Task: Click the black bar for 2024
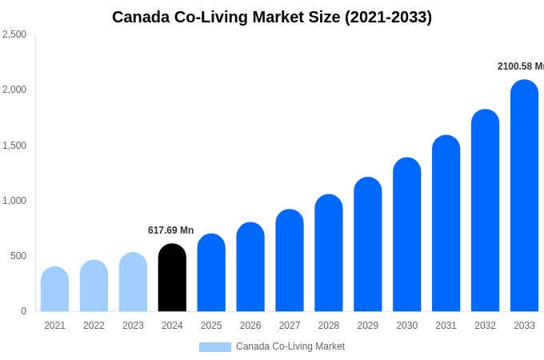click(172, 278)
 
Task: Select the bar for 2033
click(524, 196)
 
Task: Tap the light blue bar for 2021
click(54, 289)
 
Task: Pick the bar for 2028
click(329, 253)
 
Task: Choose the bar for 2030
click(406, 234)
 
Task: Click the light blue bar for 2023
click(133, 282)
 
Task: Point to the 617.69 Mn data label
click(170, 230)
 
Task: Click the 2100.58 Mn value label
click(520, 66)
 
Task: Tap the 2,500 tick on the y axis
click(14, 34)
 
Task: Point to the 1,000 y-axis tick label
click(14, 201)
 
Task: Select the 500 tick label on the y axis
click(18, 256)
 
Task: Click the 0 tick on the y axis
click(23, 311)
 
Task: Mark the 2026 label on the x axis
click(250, 326)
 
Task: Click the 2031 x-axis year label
click(446, 326)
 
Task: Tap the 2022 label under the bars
click(94, 326)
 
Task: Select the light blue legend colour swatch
click(214, 347)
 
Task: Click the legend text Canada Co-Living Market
click(290, 346)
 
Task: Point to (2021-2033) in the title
click(388, 17)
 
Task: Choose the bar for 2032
click(485, 210)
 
